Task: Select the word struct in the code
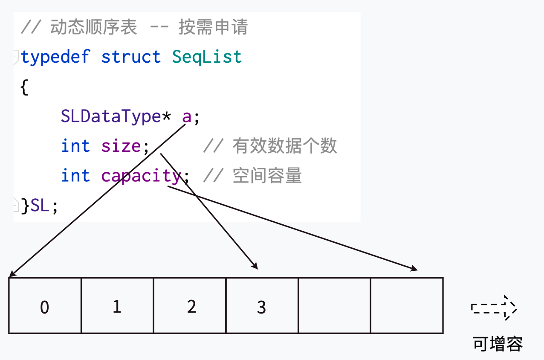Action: coord(131,57)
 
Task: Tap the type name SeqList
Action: coord(207,57)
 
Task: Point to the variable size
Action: coord(121,146)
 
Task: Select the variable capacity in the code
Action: coord(141,176)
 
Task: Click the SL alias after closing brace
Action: coord(41,206)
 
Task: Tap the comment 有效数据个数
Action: coord(284,146)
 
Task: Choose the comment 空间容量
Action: coord(267,176)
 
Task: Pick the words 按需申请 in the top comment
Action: coord(213,27)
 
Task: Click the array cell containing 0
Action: coord(45,306)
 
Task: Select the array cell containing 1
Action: coord(117,306)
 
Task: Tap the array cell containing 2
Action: coord(190,306)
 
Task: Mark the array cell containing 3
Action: coord(262,306)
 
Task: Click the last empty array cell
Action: coord(407,306)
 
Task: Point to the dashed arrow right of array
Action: coord(494,308)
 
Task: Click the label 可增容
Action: coord(498,343)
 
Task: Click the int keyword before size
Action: coord(75,146)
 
